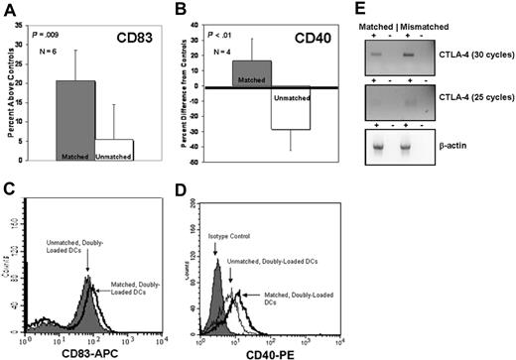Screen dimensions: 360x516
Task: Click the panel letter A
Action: (9, 10)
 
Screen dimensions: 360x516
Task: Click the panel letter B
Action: (181, 10)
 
